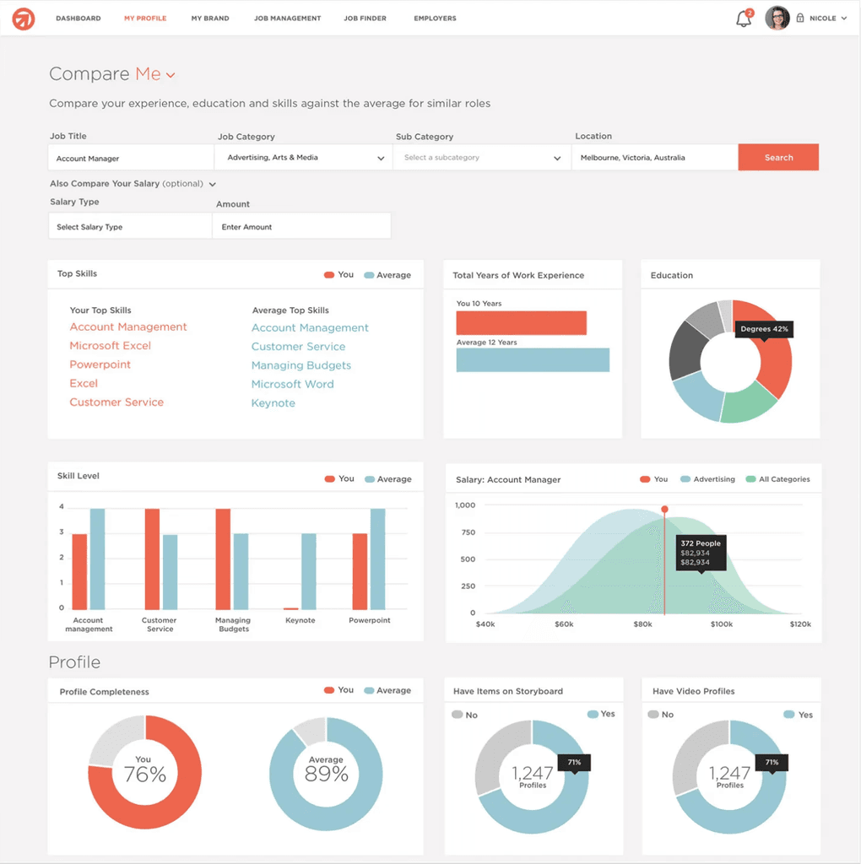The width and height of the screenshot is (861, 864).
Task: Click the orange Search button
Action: (x=777, y=158)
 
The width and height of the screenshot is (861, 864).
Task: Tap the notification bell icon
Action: (x=744, y=19)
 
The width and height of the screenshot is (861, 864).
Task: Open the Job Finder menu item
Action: (x=365, y=19)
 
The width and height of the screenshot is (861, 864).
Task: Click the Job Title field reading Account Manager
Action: (x=131, y=158)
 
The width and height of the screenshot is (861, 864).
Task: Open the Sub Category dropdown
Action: (x=482, y=158)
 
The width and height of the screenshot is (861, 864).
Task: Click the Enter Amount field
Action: (x=301, y=226)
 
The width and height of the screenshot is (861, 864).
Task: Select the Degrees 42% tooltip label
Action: (x=764, y=329)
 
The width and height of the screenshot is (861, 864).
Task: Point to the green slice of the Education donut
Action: (x=748, y=404)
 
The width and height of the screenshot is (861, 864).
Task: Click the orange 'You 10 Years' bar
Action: (x=521, y=323)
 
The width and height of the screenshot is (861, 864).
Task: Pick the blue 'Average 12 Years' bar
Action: (x=533, y=359)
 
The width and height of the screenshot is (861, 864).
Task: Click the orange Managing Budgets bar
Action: (x=223, y=559)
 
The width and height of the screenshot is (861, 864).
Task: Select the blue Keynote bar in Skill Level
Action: (x=309, y=571)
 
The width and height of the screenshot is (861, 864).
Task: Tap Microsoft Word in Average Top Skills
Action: (x=292, y=384)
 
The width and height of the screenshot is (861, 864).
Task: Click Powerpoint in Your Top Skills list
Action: (x=100, y=364)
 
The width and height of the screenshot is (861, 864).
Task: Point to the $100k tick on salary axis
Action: (x=722, y=624)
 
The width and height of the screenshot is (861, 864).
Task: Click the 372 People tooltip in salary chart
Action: (x=701, y=553)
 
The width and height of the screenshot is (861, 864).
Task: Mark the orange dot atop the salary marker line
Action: (x=665, y=509)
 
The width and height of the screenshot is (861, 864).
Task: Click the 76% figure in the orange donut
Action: (x=145, y=775)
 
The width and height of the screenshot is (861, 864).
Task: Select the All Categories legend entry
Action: (x=777, y=479)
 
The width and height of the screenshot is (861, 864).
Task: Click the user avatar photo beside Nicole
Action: (x=777, y=19)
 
